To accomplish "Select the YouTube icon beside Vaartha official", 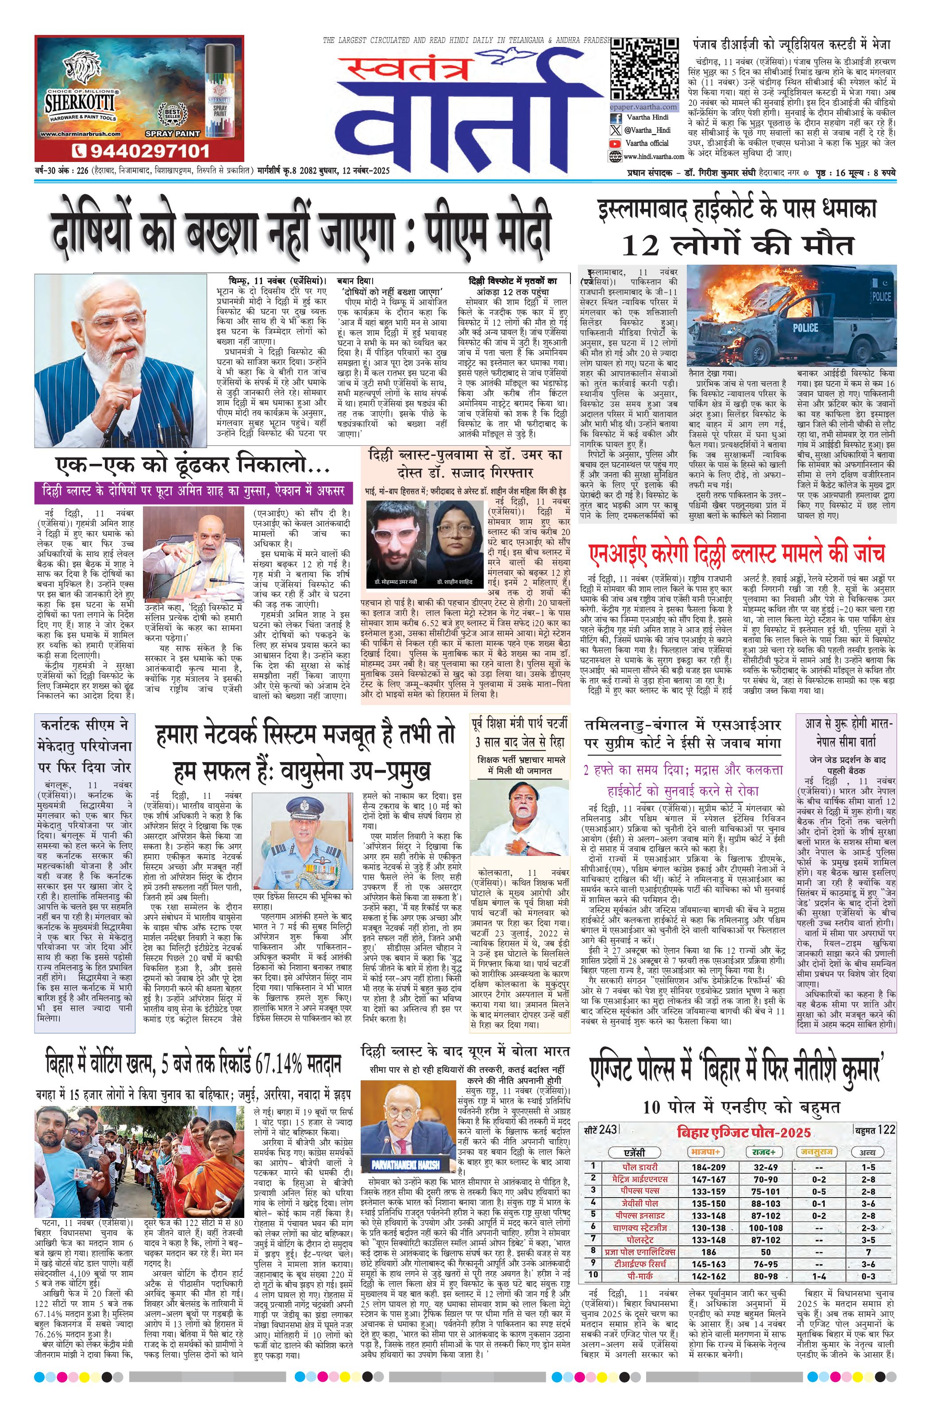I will click(615, 143).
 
